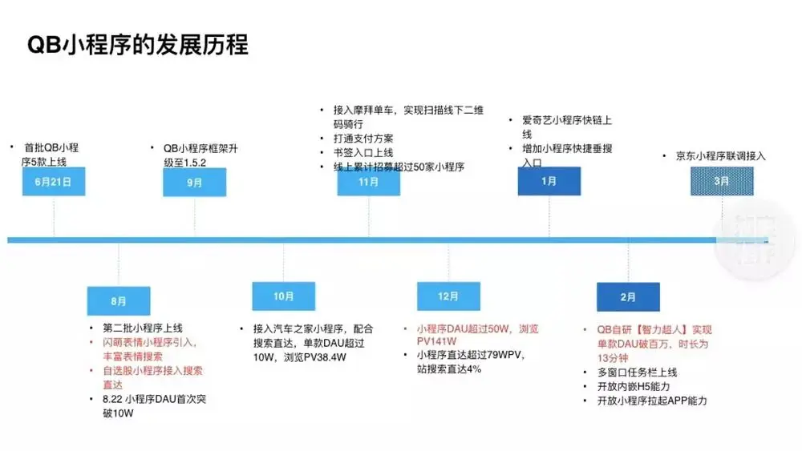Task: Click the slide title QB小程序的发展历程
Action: [x=138, y=45]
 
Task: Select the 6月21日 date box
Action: [x=54, y=182]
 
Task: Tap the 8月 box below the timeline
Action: [x=119, y=301]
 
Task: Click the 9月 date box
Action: [x=195, y=183]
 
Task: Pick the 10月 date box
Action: [x=284, y=296]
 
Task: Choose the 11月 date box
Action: [x=369, y=183]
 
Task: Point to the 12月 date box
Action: [x=448, y=296]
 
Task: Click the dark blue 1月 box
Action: [x=549, y=181]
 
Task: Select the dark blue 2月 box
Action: [x=628, y=297]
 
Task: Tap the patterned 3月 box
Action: [x=722, y=181]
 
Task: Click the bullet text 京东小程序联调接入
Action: [x=720, y=156]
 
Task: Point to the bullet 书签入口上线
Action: [x=363, y=152]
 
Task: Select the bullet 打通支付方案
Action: [x=363, y=139]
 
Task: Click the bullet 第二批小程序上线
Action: [x=143, y=328]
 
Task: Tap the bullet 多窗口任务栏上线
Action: [x=638, y=372]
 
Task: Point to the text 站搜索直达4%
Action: [x=449, y=369]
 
